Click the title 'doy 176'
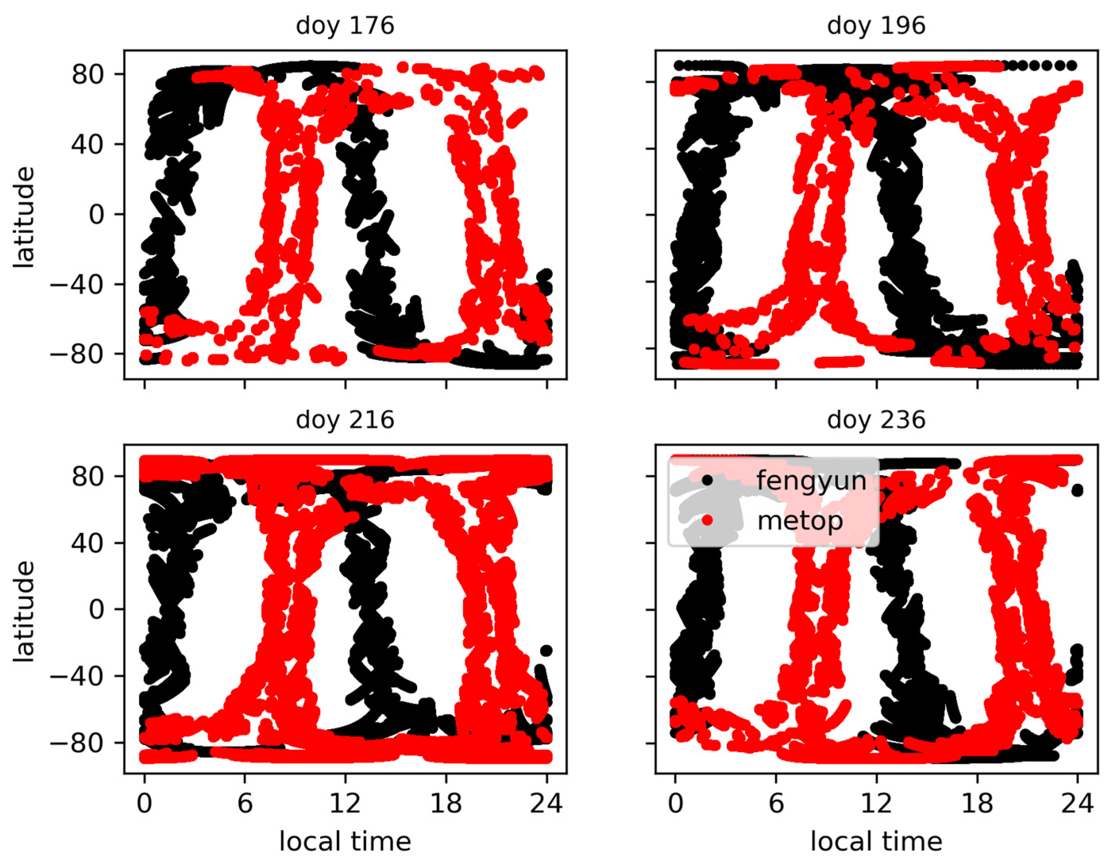[x=345, y=26]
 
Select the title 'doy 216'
[x=345, y=420]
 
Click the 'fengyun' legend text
[x=811, y=481]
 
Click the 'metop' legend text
[x=800, y=521]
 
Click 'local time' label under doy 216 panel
[x=345, y=842]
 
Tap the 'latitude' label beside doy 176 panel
[x=24, y=217]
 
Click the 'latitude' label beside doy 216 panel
[x=24, y=612]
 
